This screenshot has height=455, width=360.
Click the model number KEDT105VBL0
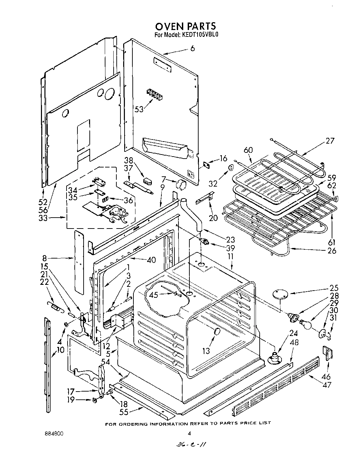click(x=198, y=34)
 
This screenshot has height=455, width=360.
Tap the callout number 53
click(x=139, y=109)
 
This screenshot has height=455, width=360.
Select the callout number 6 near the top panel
click(x=192, y=48)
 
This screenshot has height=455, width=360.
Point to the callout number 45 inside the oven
click(x=154, y=295)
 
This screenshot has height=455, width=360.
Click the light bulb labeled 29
click(x=305, y=324)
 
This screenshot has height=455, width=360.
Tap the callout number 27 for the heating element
click(x=330, y=141)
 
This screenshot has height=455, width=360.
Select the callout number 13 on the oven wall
click(x=206, y=350)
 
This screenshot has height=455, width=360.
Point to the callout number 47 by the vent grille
click(x=327, y=385)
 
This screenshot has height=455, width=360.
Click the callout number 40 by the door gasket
click(x=151, y=260)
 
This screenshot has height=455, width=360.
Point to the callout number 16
click(x=223, y=159)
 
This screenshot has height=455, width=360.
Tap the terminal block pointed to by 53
click(x=154, y=94)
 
